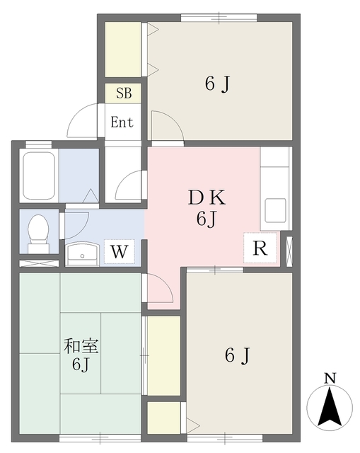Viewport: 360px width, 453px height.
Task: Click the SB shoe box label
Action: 123,93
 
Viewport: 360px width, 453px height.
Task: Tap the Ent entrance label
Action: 122,122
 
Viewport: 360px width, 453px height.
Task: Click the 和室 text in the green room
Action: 81,347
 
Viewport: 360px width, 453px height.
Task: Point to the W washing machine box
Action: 120,251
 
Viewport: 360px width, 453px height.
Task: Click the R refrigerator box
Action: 260,249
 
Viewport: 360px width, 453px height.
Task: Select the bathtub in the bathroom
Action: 39,176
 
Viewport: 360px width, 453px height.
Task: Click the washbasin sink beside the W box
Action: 83,252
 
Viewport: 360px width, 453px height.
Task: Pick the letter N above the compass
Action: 329,379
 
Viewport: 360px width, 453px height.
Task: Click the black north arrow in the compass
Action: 330,408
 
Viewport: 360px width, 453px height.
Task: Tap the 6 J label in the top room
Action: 218,84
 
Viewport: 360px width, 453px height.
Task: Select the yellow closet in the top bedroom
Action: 123,50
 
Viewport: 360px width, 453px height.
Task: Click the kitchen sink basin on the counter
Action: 275,210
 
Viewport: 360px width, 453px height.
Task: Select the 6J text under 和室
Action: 80,365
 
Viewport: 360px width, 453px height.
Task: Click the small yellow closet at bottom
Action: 163,415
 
